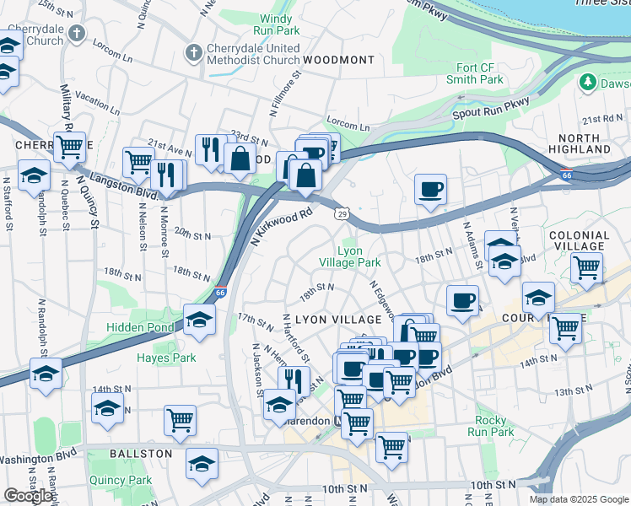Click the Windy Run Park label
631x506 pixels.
[x=275, y=24]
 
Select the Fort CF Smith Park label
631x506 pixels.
[x=475, y=73]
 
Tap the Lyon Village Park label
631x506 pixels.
[x=350, y=256]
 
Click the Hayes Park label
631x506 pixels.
[x=166, y=358]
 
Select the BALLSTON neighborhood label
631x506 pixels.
[x=141, y=454]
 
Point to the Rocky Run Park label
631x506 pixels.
[x=490, y=426]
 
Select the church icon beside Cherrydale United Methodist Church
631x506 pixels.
[x=193, y=53]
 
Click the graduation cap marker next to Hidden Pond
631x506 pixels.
[x=199, y=320]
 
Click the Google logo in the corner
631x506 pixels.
[x=28, y=496]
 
